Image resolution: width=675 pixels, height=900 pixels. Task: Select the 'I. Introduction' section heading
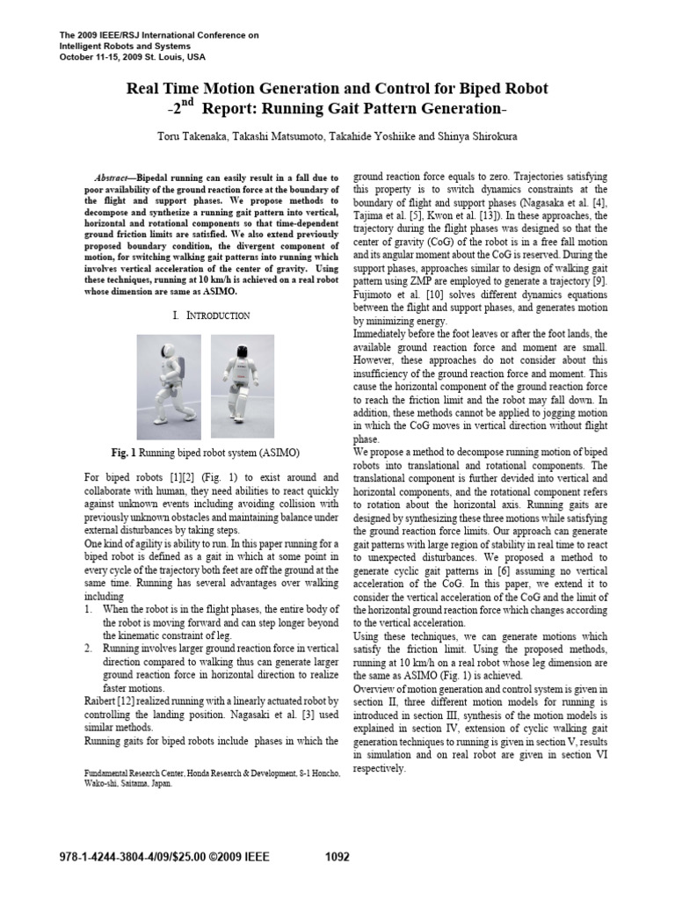click(x=207, y=315)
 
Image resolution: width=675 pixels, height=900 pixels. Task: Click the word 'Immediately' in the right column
click(x=385, y=335)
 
